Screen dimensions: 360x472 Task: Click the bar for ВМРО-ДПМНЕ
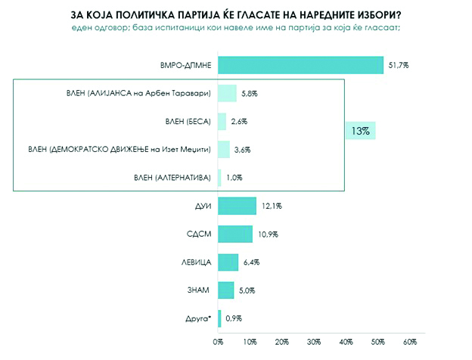click(x=300, y=66)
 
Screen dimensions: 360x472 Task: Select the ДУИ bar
click(x=237, y=206)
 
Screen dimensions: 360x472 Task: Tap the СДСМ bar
click(x=234, y=234)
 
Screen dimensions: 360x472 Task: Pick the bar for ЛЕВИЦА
click(x=228, y=262)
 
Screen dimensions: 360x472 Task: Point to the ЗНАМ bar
click(x=225, y=290)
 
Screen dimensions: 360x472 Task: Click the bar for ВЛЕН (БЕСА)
click(x=222, y=121)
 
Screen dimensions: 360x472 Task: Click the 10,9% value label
click(x=267, y=234)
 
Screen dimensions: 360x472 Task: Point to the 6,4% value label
click(x=251, y=262)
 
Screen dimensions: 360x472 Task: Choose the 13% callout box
click(x=360, y=131)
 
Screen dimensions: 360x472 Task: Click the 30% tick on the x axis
click(x=314, y=343)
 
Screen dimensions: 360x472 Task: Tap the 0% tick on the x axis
click(x=218, y=343)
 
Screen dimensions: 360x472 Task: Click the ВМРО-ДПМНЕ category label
click(x=187, y=66)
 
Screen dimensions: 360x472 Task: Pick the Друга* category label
click(x=198, y=318)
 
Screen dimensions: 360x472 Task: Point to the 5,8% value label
click(x=247, y=94)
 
